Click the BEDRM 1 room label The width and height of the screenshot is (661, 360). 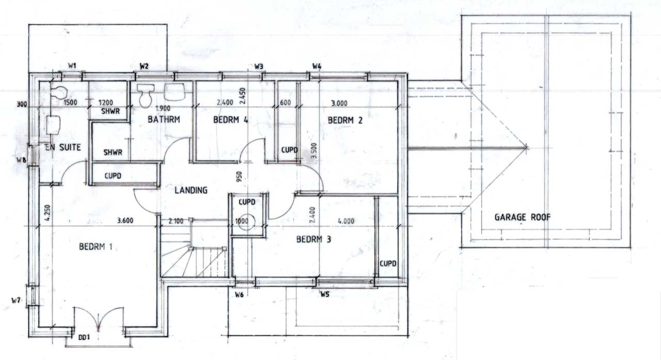[96, 247]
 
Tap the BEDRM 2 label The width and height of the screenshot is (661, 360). [345, 120]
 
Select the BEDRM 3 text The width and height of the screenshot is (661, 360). [313, 240]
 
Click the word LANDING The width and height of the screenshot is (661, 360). [191, 190]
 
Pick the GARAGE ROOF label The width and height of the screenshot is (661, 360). [523, 217]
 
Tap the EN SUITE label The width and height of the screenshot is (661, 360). [62, 148]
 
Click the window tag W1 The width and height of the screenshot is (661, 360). [73, 66]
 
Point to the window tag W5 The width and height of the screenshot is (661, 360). [325, 295]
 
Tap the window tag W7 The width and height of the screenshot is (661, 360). [16, 300]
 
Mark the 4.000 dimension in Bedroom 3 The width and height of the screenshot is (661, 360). [345, 221]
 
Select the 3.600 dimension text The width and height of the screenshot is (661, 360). [125, 221]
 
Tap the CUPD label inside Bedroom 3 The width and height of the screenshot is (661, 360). [388, 263]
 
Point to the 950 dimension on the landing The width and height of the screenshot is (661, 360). [239, 177]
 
